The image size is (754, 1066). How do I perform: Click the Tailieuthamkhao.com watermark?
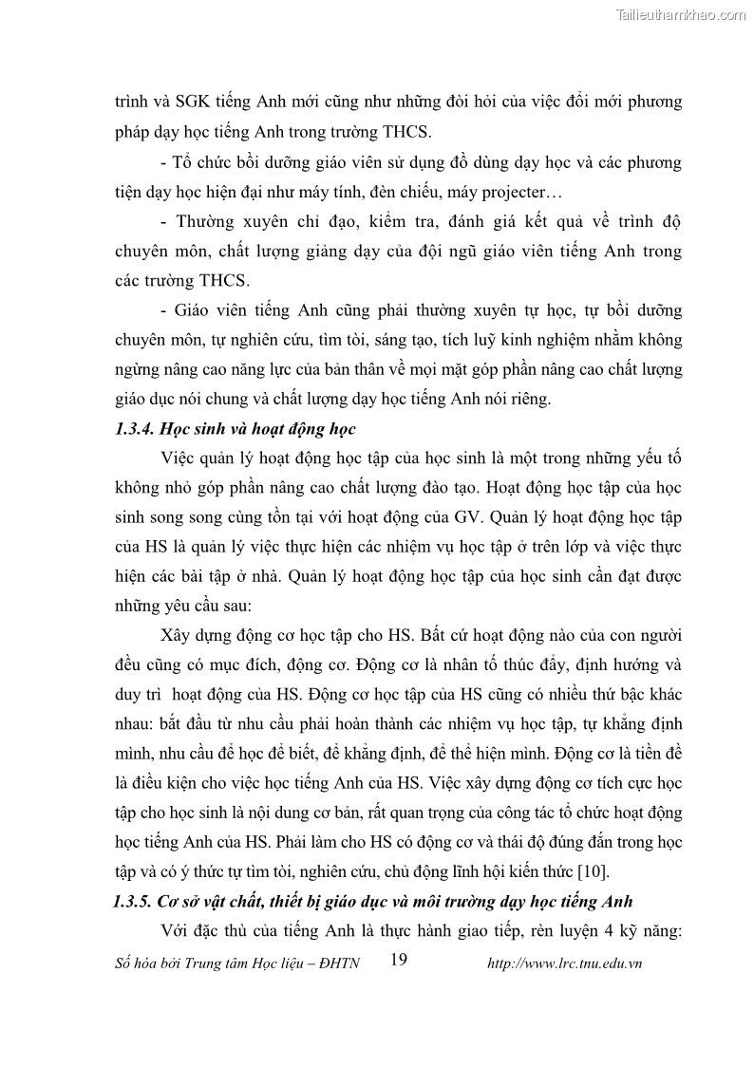click(x=681, y=14)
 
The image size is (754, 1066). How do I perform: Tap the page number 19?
click(x=399, y=961)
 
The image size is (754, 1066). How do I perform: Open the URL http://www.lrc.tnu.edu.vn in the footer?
click(x=564, y=963)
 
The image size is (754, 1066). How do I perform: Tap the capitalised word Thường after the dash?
click(x=211, y=223)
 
